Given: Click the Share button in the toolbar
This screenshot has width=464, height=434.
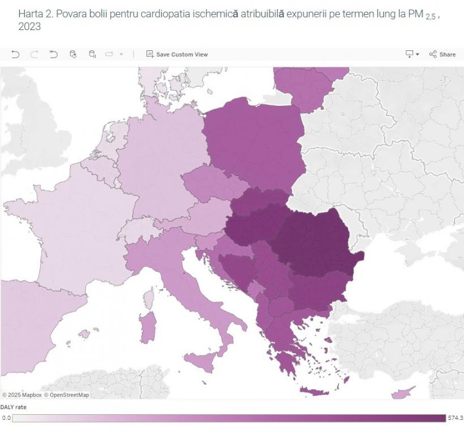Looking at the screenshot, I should coord(442,54).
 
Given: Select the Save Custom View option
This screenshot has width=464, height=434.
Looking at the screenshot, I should coord(177,54).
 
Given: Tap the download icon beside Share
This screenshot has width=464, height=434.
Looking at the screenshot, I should coord(410,54).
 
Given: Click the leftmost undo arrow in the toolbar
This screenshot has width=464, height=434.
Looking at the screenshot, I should coord(15,54).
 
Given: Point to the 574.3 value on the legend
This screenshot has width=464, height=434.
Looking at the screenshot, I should coord(455,418).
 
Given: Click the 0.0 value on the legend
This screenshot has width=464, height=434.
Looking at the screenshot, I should coord(6,418).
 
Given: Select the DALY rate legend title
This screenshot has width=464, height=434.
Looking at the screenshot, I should coord(13,407).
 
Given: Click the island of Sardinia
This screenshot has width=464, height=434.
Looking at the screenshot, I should coord(148,328).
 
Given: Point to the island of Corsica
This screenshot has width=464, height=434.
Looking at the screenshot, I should coord(150,297).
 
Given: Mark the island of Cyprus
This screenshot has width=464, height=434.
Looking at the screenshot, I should coord(407,392).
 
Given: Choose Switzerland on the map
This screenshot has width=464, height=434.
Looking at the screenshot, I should coord(136,229).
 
